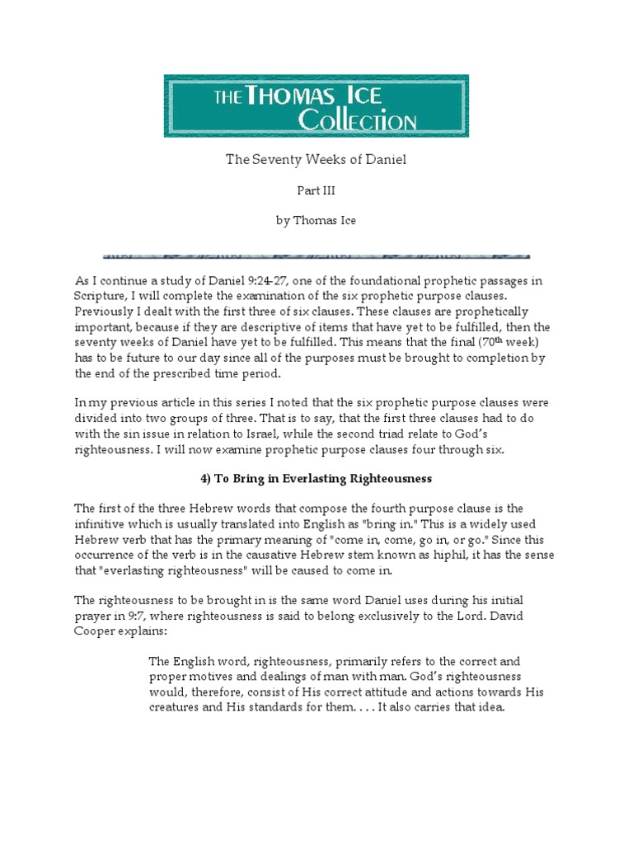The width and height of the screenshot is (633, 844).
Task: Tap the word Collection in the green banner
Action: click(357, 121)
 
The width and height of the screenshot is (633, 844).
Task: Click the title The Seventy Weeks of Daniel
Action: click(316, 159)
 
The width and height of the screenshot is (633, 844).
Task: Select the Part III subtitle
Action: click(316, 190)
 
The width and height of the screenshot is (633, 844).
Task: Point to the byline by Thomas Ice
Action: click(316, 221)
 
